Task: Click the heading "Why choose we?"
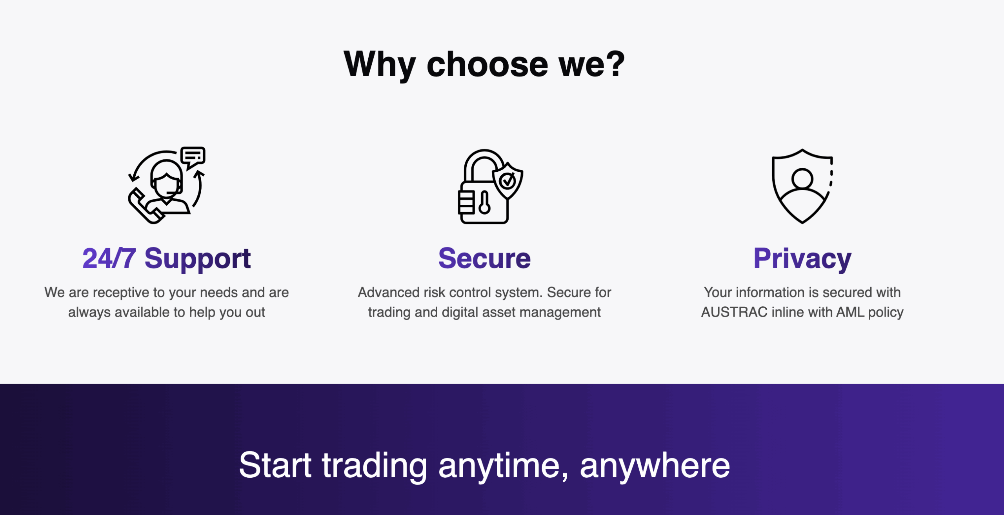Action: click(x=484, y=64)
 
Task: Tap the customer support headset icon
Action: click(x=167, y=185)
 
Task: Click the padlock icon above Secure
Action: click(x=490, y=186)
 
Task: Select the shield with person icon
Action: click(x=802, y=186)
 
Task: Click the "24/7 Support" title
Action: click(x=167, y=258)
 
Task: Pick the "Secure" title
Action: click(x=484, y=258)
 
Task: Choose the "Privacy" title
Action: click(x=802, y=259)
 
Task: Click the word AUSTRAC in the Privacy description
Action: click(x=734, y=312)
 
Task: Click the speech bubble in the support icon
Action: click(x=193, y=157)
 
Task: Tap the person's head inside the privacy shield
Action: click(x=802, y=178)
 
